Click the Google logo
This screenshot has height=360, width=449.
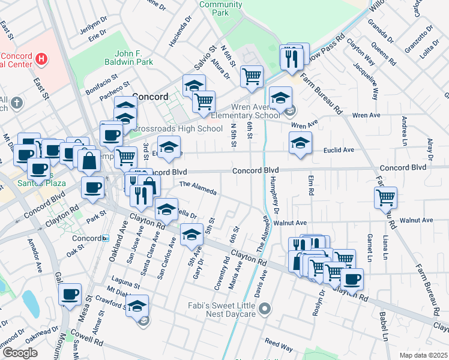click(20, 352)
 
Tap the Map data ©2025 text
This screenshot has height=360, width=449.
click(423, 355)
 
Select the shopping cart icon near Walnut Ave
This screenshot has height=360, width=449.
click(385, 197)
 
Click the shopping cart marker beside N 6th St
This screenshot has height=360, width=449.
click(252, 76)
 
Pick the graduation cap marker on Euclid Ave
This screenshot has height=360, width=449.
click(300, 143)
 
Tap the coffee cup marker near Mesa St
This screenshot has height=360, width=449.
click(70, 294)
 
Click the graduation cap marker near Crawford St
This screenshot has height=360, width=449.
click(137, 305)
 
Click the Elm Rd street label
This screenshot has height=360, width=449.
click(311, 185)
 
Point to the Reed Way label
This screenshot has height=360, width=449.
click(279, 346)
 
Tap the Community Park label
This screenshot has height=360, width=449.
click(212, 8)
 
